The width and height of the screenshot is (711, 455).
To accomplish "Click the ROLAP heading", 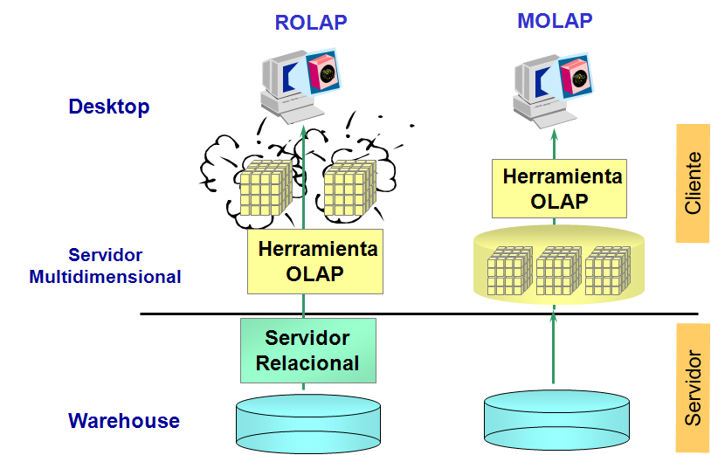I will coord(311,23).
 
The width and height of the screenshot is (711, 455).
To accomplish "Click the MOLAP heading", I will coord(555,21).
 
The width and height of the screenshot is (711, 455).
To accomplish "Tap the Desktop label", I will coord(109,107).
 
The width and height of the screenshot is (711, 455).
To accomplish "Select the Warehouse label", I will coord(124,421).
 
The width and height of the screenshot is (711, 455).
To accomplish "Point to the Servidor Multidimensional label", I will coord(105,266).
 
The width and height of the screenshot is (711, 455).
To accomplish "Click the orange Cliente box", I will coord(692,183).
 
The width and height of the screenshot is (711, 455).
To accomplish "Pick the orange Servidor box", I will coord(692,387).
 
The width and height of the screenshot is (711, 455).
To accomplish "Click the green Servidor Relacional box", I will coord(307,350).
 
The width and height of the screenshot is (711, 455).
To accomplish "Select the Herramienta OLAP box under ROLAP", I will coord(315,260).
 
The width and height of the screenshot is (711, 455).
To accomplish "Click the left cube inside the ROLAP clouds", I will coord(261,187).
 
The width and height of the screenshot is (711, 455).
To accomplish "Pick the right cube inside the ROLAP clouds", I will coord(349,187).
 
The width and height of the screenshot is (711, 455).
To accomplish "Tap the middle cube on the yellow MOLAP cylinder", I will coord(559,269).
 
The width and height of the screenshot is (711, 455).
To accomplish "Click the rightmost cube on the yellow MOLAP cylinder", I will coord(608,269).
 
